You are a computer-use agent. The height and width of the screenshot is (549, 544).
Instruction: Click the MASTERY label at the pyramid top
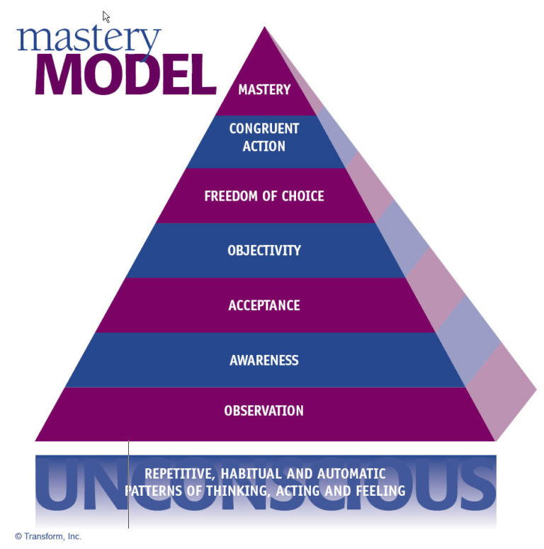click(264, 90)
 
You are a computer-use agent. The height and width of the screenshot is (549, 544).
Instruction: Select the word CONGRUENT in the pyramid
click(264, 129)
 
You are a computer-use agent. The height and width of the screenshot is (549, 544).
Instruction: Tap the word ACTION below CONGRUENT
click(264, 147)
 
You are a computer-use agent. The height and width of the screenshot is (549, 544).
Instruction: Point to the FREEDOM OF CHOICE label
click(264, 196)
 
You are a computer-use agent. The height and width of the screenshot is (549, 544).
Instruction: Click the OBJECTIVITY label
click(264, 251)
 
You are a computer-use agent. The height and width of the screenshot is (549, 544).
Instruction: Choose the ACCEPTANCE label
click(264, 306)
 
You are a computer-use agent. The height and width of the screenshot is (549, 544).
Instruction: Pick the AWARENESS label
click(264, 361)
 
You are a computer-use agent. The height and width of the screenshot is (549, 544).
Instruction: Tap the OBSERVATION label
click(264, 411)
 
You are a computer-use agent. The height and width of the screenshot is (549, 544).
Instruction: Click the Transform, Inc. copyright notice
click(48, 536)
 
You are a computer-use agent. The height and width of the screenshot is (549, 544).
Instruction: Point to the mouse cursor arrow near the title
click(106, 16)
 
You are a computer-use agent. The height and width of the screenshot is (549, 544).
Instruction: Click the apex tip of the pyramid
click(265, 28)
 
